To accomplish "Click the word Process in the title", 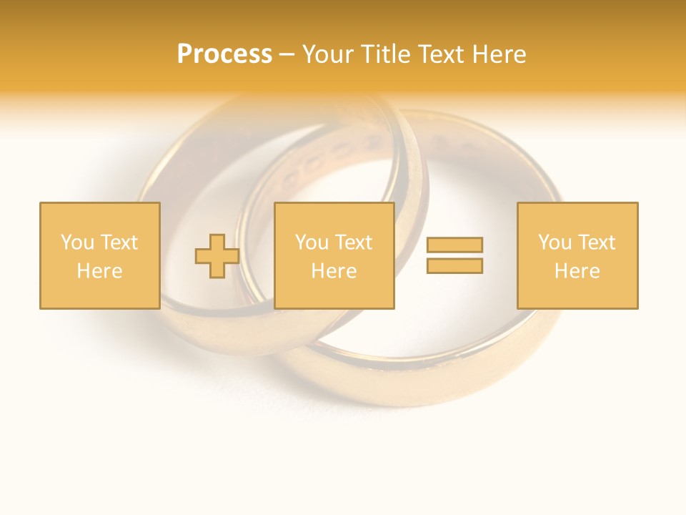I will (224, 54).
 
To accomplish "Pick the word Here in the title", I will (499, 54).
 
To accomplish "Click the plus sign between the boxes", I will (217, 256).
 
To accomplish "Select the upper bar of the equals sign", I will (454, 245).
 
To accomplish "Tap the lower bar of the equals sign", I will (454, 266).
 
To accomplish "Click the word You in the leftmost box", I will (77, 242).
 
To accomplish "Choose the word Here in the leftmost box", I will (99, 271).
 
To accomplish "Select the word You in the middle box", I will (312, 242).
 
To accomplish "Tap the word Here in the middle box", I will (334, 271).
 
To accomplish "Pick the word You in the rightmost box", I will (555, 242).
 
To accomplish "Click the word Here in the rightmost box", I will (577, 271).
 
